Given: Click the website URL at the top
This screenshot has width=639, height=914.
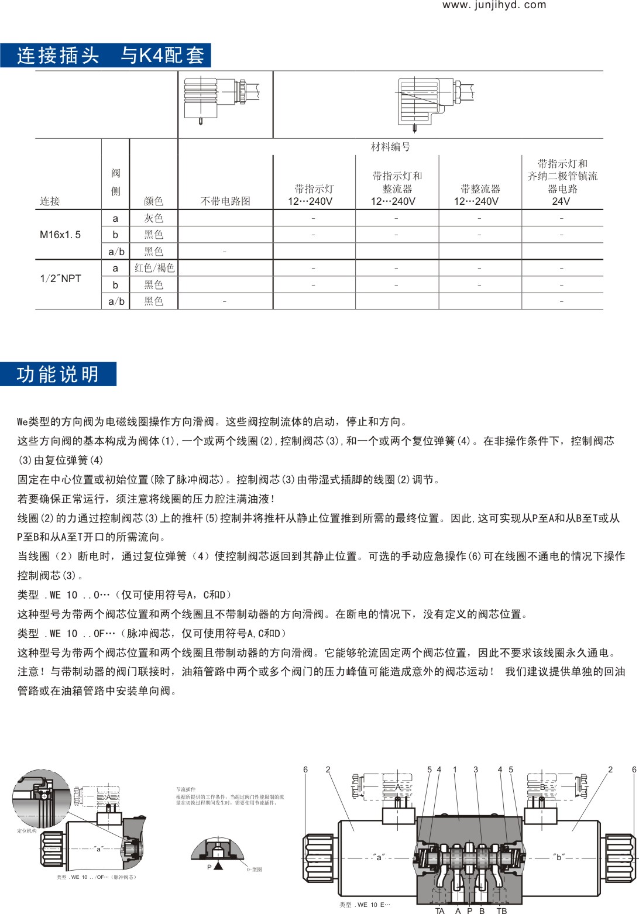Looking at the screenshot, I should click(x=494, y=5).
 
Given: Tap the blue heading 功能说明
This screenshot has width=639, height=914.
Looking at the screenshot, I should click(x=58, y=374).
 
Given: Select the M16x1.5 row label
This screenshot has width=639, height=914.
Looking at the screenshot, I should click(x=60, y=235).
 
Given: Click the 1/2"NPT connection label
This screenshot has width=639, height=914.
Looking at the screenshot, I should click(x=60, y=279).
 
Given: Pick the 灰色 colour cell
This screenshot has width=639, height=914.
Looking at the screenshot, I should click(x=153, y=218).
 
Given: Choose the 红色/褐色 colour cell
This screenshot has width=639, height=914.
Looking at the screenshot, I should click(x=154, y=268).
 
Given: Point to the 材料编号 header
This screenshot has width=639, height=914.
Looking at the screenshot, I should click(x=390, y=147).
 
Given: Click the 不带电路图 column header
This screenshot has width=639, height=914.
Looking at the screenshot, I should click(x=225, y=201).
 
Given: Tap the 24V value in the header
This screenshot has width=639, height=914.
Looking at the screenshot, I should click(x=561, y=201).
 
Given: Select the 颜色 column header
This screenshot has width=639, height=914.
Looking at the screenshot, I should click(x=153, y=201).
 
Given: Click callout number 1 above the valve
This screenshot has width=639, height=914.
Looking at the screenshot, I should click(x=455, y=769).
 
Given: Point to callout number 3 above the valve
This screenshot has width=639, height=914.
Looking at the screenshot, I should click(x=476, y=769).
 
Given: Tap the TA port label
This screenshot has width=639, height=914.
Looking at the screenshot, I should click(x=440, y=910).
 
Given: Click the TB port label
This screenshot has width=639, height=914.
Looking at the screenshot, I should click(x=501, y=910).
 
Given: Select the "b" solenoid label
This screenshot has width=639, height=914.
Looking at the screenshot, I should click(x=558, y=857).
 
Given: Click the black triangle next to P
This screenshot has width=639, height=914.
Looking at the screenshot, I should click(x=218, y=867).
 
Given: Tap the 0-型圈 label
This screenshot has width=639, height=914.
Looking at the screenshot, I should click(x=255, y=870).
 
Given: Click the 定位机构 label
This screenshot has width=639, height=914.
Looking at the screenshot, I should click(x=26, y=831).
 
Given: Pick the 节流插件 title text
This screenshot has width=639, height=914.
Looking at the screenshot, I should click(x=185, y=789).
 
